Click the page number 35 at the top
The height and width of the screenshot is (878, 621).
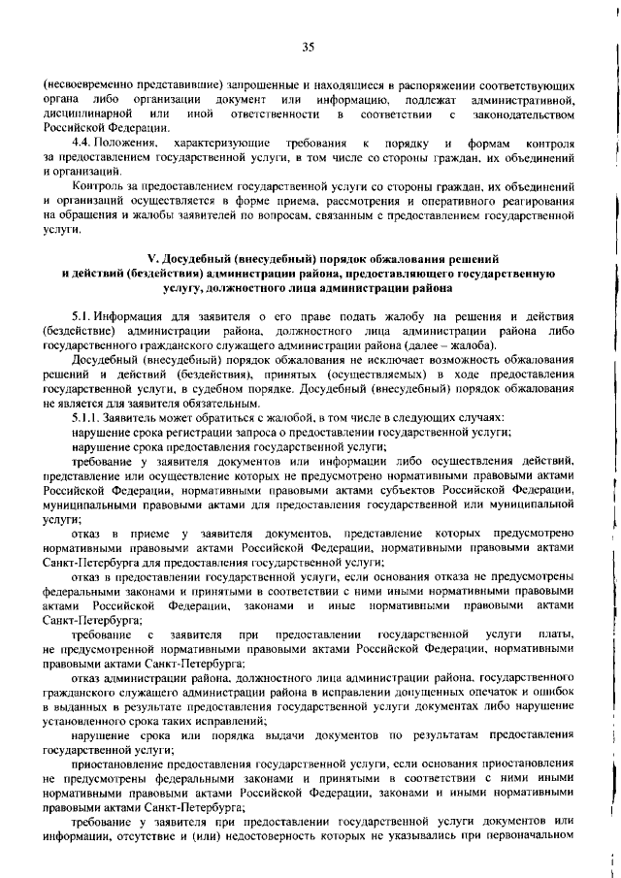[310, 47]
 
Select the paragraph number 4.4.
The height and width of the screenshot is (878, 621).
[83, 144]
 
